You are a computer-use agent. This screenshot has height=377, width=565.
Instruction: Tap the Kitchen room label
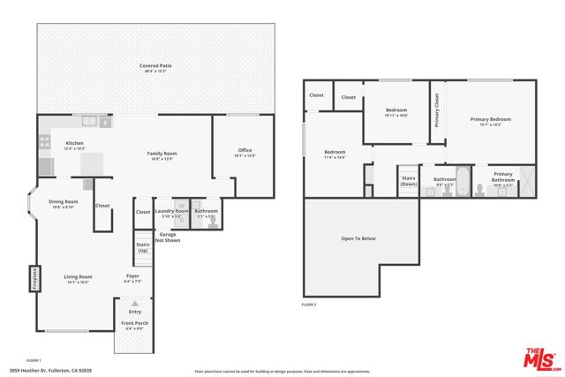coord(74,143)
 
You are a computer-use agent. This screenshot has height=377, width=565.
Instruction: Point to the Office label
coord(245,150)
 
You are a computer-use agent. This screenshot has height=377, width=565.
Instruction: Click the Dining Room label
coord(63,202)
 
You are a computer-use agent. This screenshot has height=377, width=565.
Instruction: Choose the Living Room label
coord(78,276)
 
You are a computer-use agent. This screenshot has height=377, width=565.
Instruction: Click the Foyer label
coord(132,276)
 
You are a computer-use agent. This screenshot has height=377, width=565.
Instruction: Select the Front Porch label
coord(135,323)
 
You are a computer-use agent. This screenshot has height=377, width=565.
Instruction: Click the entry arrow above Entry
coord(135,304)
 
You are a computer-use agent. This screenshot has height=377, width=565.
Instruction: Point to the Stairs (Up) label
coord(142,246)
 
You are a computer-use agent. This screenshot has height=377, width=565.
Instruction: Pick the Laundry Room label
coord(170,211)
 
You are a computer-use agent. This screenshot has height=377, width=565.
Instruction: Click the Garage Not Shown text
coord(168,236)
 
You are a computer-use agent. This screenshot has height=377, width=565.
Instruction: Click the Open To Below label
coord(358,238)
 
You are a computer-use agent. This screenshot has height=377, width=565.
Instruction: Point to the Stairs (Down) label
coord(408,180)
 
